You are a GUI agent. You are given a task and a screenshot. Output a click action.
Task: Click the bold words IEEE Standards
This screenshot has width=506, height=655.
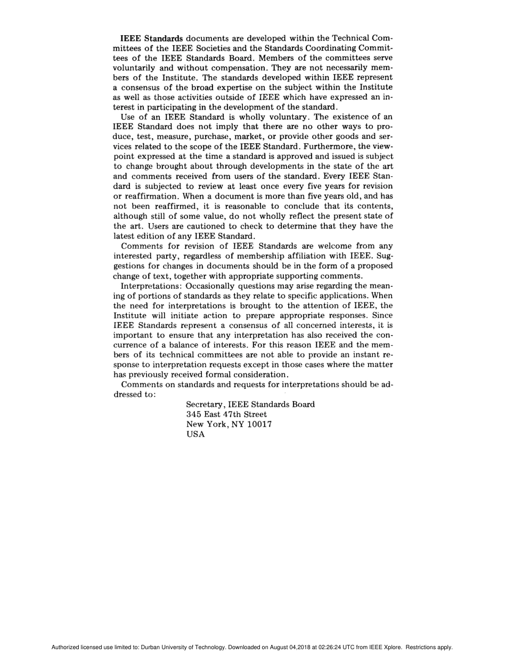click(152, 38)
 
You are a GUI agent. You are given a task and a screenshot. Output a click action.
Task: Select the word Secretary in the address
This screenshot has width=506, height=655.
click(205, 405)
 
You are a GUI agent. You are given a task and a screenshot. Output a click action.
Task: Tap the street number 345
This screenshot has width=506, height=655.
click(193, 414)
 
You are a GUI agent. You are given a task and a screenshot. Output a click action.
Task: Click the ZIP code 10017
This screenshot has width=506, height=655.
click(259, 424)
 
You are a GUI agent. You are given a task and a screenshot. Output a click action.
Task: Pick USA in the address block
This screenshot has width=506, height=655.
click(195, 435)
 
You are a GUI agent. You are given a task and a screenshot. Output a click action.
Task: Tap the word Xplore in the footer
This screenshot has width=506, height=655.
click(392, 648)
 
